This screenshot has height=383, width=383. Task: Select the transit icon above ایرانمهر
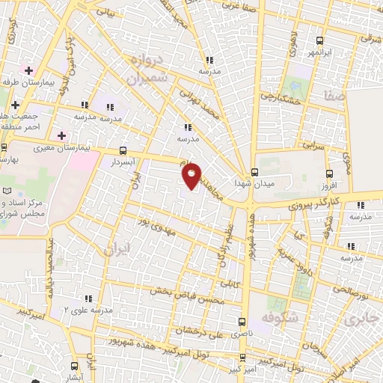coord(320,41)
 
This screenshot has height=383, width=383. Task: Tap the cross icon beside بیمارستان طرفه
coord(28,70)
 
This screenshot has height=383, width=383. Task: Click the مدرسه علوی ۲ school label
coord(91,310)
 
